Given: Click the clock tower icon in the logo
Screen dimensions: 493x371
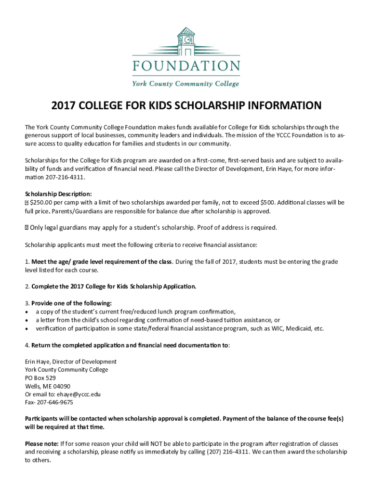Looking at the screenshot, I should point(185,40).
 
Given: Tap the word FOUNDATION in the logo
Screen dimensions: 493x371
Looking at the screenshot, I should point(185,66).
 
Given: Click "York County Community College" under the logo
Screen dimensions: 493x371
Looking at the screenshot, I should point(185,83).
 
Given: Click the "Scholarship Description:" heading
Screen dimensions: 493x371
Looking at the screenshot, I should point(55,194).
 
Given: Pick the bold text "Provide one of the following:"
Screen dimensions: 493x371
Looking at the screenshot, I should point(71,303).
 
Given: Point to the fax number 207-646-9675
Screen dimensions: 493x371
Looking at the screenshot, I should point(55,402).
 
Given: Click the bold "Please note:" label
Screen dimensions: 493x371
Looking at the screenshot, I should point(41,443).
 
